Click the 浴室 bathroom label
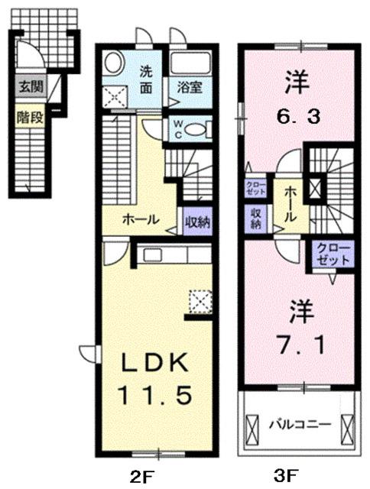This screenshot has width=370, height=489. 189,86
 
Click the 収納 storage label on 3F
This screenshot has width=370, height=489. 255,219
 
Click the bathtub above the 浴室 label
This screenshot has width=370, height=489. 189,63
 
